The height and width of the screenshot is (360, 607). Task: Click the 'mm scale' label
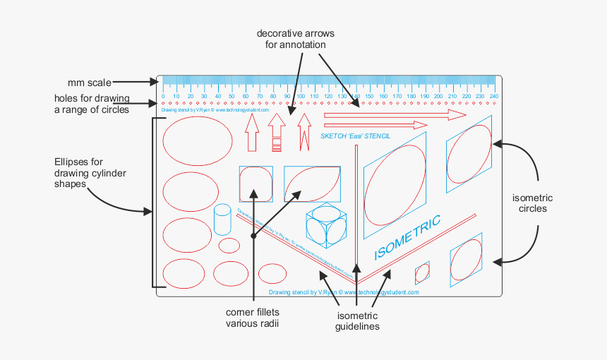coord(89,82)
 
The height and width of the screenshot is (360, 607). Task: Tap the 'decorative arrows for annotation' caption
coord(295,39)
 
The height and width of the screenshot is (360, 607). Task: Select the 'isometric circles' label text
coord(532,203)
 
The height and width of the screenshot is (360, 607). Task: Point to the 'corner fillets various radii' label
coord(253,318)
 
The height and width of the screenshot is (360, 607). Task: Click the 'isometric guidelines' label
coord(358,320)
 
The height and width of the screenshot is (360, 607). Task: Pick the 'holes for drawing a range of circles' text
coord(92,103)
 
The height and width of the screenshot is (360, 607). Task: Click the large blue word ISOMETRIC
coord(407,236)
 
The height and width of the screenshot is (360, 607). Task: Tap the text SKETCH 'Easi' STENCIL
coord(355,136)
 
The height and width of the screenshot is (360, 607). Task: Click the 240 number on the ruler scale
coord(493,97)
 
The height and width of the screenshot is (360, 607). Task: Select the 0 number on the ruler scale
coord(163,97)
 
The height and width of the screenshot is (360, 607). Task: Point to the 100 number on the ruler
coord(301,97)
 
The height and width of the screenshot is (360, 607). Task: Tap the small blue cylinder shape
coord(222,220)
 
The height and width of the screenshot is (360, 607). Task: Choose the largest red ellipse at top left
coord(198,141)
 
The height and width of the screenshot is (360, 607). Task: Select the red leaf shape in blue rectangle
coord(312,184)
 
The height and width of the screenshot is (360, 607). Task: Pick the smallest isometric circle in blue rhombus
coord(422,272)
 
